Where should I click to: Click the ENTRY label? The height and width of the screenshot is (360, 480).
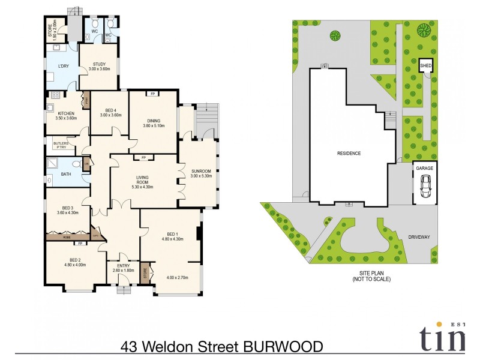tap(123, 266)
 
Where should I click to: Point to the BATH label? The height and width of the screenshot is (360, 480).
tap(65, 175)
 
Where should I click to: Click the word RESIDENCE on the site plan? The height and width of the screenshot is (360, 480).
tap(348, 154)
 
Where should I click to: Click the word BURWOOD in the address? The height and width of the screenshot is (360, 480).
tap(283, 347)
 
